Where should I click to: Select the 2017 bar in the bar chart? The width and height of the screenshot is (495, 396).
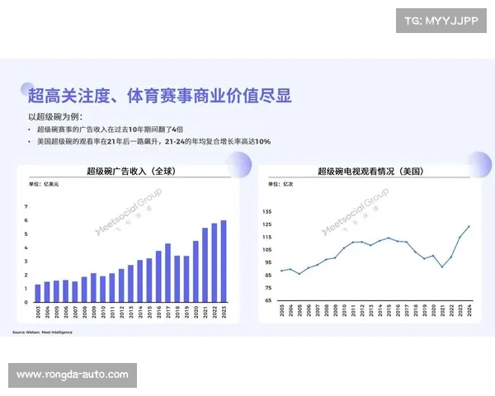click(167, 273)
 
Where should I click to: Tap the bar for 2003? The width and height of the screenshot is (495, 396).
click(37, 294)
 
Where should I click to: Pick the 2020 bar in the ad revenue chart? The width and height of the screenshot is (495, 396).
click(196, 272)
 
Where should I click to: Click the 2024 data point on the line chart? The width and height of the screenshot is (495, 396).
click(469, 226)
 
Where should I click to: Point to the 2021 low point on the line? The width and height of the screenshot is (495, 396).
click(441, 266)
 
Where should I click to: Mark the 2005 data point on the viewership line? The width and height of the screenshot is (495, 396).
click(299, 273)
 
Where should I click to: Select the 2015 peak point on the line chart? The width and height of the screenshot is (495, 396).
click(388, 238)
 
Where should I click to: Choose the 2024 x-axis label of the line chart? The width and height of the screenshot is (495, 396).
click(469, 314)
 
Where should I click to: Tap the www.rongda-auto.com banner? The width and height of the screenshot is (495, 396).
click(73, 375)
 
